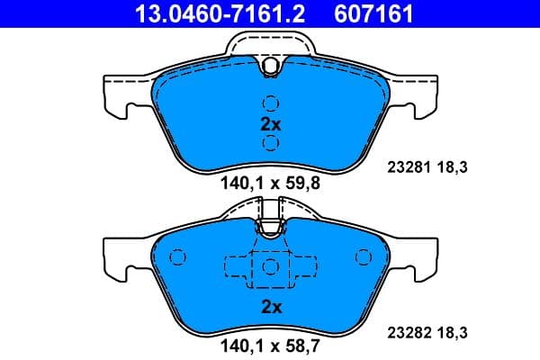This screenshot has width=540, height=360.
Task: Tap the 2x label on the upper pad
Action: pos(270,124)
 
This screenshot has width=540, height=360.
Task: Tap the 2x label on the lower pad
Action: pos(270,307)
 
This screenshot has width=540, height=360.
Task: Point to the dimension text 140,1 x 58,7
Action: pos(270,343)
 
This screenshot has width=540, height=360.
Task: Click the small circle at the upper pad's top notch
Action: pos(270,64)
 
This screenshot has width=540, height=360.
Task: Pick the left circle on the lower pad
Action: pos(177,259)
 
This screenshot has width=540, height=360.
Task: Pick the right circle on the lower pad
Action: pos(363,259)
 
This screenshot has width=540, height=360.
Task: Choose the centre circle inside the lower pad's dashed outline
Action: pos(270,267)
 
